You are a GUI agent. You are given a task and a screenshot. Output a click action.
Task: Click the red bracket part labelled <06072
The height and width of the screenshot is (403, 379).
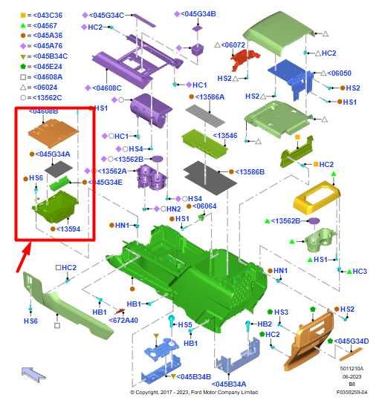(x=244, y=59)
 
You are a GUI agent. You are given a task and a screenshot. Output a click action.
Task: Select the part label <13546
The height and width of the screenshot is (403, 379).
(x=225, y=136)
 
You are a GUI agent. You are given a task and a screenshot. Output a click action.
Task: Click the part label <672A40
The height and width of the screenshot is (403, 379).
(x=123, y=320)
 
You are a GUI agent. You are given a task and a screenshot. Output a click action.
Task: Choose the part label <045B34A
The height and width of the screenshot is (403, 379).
(x=229, y=384)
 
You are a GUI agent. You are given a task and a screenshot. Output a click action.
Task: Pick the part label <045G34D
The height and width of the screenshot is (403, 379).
(x=352, y=341)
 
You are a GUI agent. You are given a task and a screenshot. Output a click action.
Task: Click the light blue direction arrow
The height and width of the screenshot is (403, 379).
(x=33, y=374)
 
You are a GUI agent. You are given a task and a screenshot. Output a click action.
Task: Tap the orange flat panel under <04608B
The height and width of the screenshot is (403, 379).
(x=54, y=132)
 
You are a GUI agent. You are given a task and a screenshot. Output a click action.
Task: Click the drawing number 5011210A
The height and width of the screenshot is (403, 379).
(x=352, y=369)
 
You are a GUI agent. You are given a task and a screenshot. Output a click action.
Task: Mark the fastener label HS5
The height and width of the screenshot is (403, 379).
(x=185, y=325)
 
